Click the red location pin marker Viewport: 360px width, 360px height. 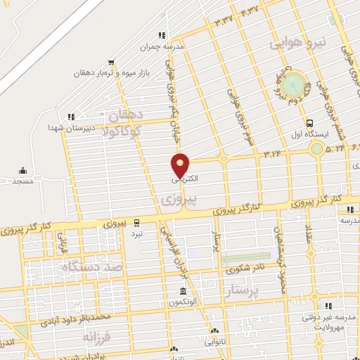(180, 165)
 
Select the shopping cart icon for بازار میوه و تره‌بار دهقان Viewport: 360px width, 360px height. (111, 61)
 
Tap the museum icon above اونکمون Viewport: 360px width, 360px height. (183, 291)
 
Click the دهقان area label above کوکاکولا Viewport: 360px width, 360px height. (127, 114)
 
